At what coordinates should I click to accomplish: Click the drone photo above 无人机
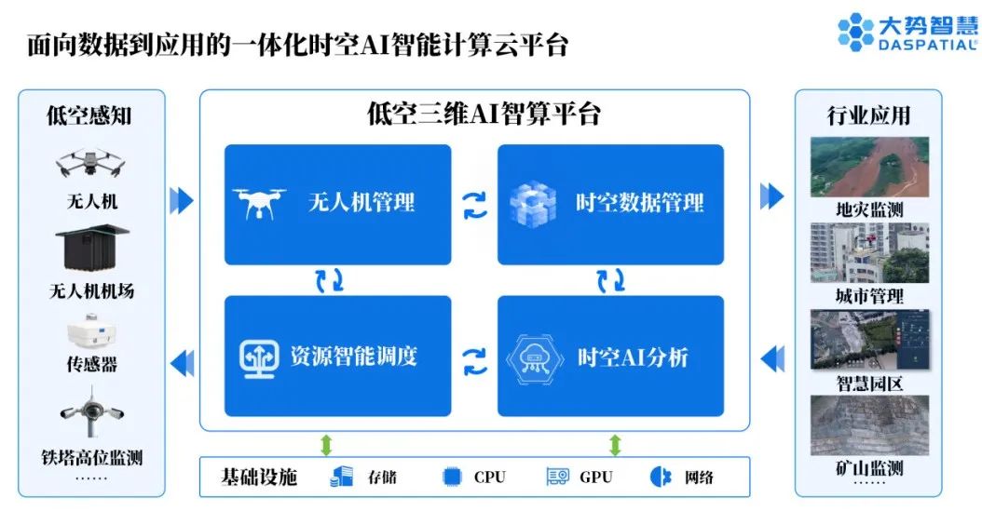click(x=91, y=164)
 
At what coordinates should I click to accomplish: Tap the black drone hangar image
click(x=91, y=247)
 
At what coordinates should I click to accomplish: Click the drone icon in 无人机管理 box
click(x=256, y=201)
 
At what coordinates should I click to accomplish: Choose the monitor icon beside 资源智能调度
click(x=259, y=357)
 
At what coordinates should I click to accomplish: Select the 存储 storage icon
click(x=342, y=477)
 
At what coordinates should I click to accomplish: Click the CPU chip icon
click(x=452, y=477)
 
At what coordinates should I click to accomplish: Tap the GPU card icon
click(x=557, y=477)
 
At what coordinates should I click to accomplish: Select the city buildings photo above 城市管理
click(x=868, y=252)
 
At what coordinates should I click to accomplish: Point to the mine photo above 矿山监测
click(x=868, y=424)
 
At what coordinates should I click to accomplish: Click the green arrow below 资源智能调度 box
click(x=326, y=444)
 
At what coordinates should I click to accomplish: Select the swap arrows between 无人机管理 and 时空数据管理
click(x=475, y=204)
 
